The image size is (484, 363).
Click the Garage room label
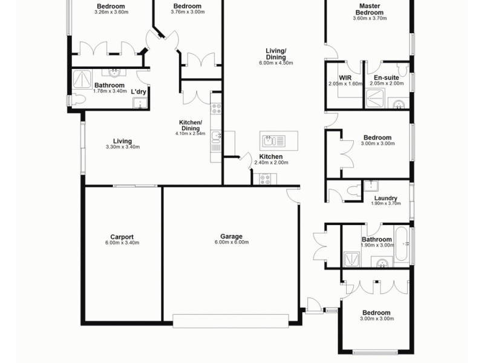231,237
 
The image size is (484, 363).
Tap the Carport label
122,237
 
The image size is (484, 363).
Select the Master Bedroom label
370,9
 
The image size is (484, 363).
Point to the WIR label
345,78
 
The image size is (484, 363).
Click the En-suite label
385,78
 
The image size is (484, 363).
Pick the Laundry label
385,198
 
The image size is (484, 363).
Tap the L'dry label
139,92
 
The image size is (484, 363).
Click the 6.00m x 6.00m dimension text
231,243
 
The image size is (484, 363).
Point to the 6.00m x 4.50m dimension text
276,63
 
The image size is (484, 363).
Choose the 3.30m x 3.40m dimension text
122,147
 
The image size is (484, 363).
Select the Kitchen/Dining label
190,125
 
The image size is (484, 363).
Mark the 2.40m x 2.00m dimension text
270,163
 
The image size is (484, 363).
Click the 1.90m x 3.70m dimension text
385,204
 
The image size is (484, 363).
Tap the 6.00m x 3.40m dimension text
122,243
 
